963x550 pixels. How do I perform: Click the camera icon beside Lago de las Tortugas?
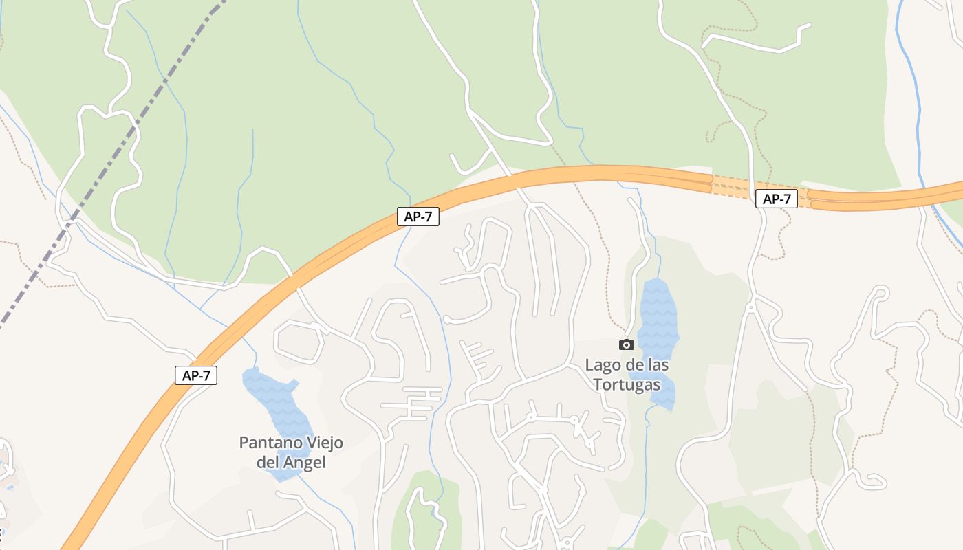[x=626, y=344]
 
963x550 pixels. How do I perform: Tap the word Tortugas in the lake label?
[x=627, y=384]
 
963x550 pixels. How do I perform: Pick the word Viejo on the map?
[x=320, y=443]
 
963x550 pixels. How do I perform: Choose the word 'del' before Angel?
[x=268, y=463]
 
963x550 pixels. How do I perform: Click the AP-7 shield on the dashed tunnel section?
[x=776, y=199]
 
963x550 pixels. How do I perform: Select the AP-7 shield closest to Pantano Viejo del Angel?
[x=196, y=375]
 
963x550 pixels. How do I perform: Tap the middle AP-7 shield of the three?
[x=418, y=217]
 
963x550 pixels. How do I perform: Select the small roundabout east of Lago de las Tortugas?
[x=750, y=307]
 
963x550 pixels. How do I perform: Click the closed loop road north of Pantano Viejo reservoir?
[x=299, y=340]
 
